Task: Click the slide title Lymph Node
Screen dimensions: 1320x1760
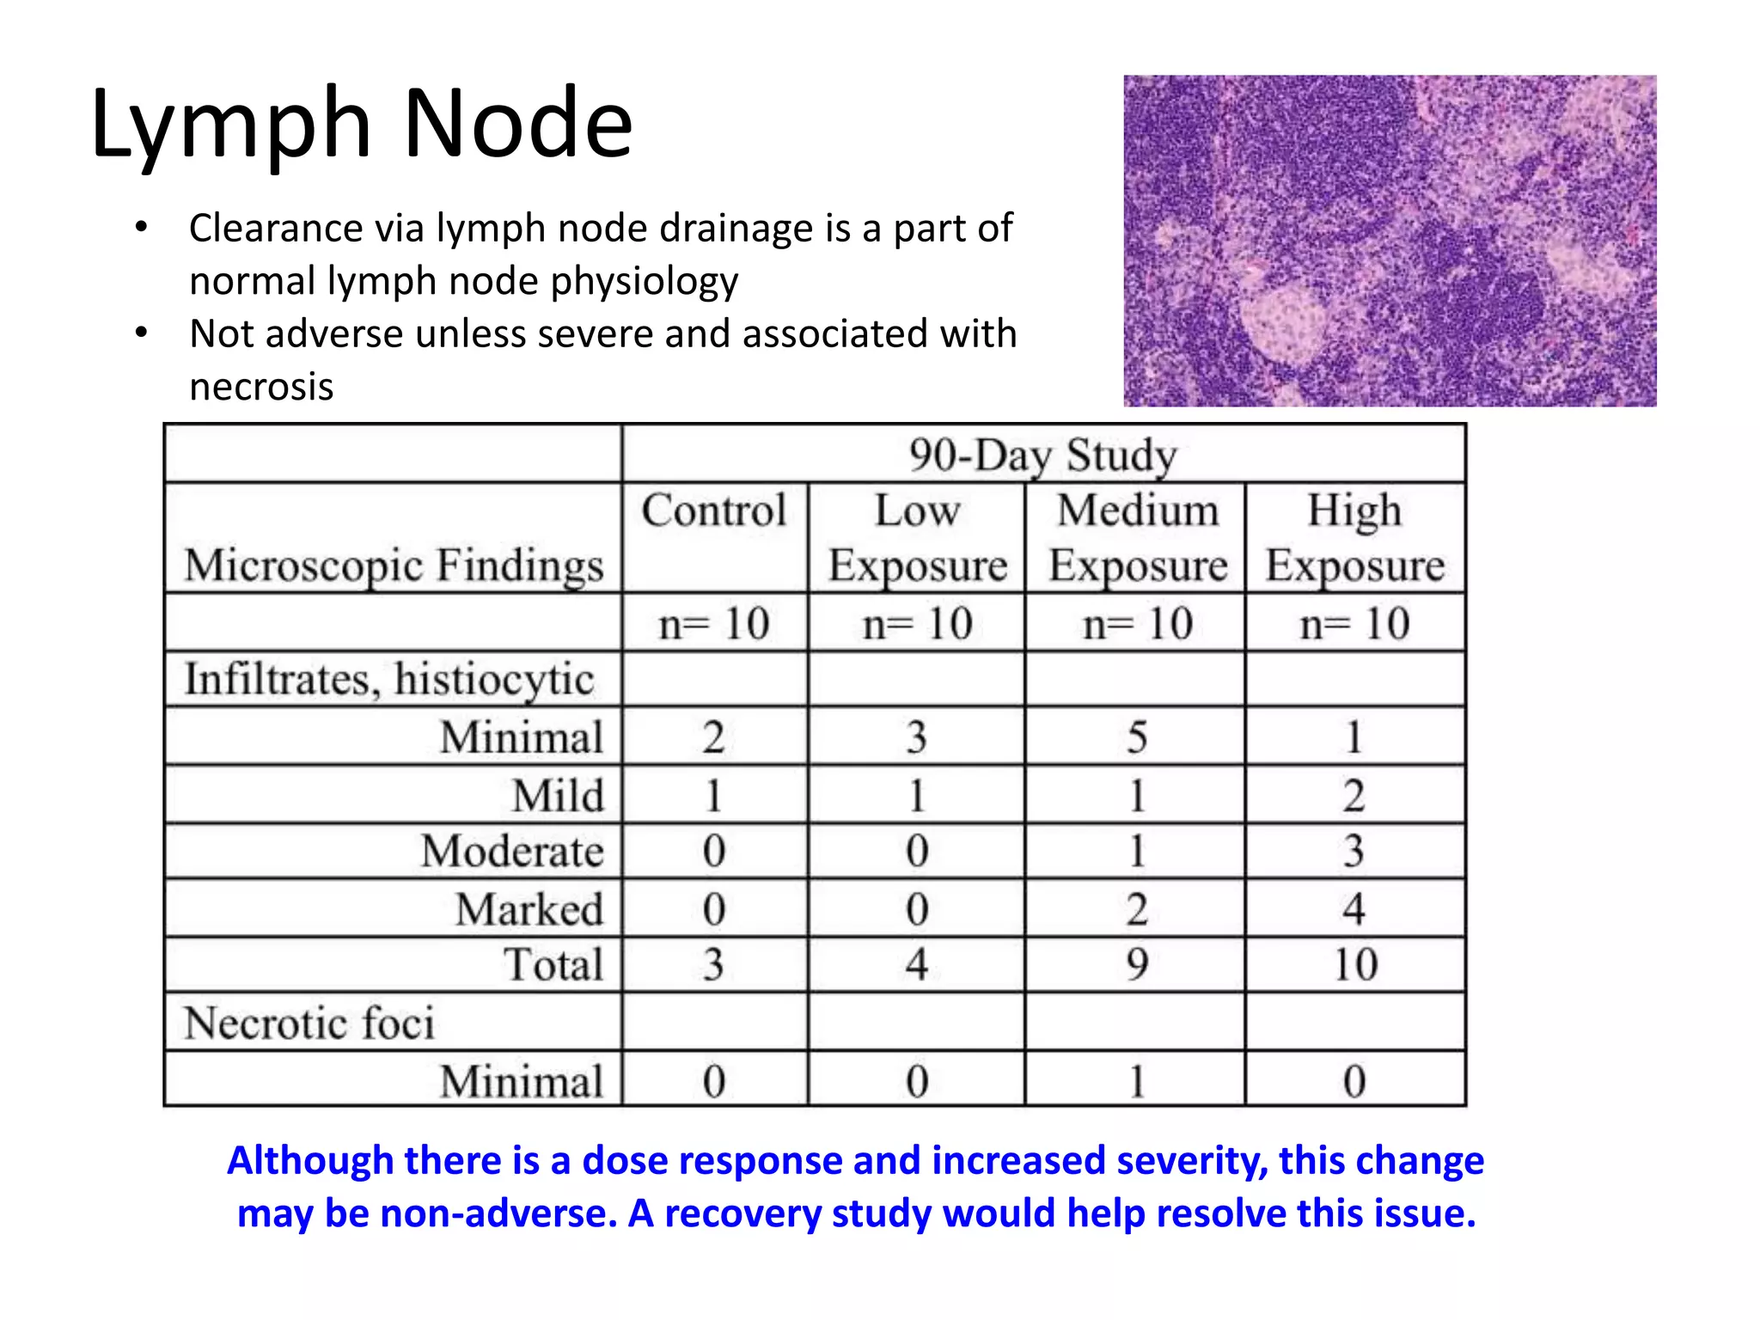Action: pos(361,125)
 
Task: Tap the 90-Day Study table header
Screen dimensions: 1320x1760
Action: pos(1042,455)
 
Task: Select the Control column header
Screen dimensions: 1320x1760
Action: pos(714,510)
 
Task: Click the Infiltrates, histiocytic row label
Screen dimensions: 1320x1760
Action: pos(389,679)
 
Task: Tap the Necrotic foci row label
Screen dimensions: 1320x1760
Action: pos(309,1023)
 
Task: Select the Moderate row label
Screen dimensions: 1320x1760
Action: pos(512,851)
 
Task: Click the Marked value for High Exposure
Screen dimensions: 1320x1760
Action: pos(1354,908)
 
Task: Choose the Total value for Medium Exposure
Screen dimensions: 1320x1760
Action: pos(1137,964)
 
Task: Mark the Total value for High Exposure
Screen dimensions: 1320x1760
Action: pos(1355,964)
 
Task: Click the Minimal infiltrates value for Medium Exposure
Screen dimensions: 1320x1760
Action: pos(1137,736)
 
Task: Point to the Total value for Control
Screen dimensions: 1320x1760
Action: pos(713,964)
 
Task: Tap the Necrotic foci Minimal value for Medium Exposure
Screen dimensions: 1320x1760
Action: pos(1137,1080)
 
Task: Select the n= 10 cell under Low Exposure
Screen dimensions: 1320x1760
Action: pos(917,623)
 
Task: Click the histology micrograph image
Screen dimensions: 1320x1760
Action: pos(1390,241)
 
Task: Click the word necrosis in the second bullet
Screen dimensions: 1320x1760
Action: pos(261,387)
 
